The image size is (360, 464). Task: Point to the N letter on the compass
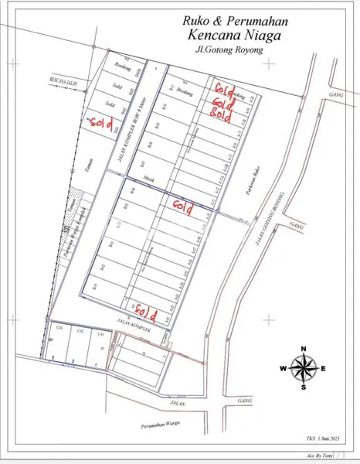(304, 348)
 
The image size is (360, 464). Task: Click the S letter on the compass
(304, 387)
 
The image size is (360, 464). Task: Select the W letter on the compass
(284, 368)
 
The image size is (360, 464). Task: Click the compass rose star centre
(304, 368)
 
